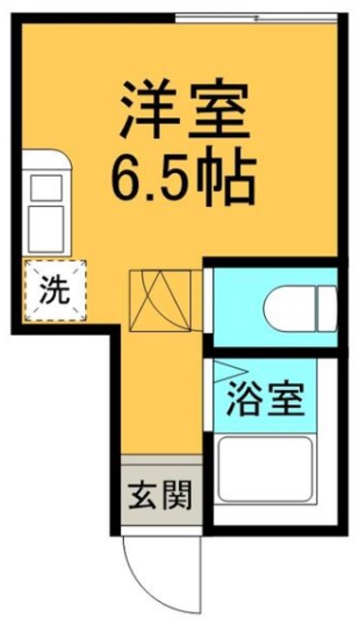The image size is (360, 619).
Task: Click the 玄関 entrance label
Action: click(158, 495)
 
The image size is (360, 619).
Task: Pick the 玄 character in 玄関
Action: click(140, 495)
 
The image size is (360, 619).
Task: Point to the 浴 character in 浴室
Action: click(247, 397)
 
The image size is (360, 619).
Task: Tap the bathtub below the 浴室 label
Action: click(264, 473)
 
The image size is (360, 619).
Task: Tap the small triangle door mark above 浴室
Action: click(226, 368)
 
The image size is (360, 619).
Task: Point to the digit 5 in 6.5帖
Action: click(174, 175)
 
